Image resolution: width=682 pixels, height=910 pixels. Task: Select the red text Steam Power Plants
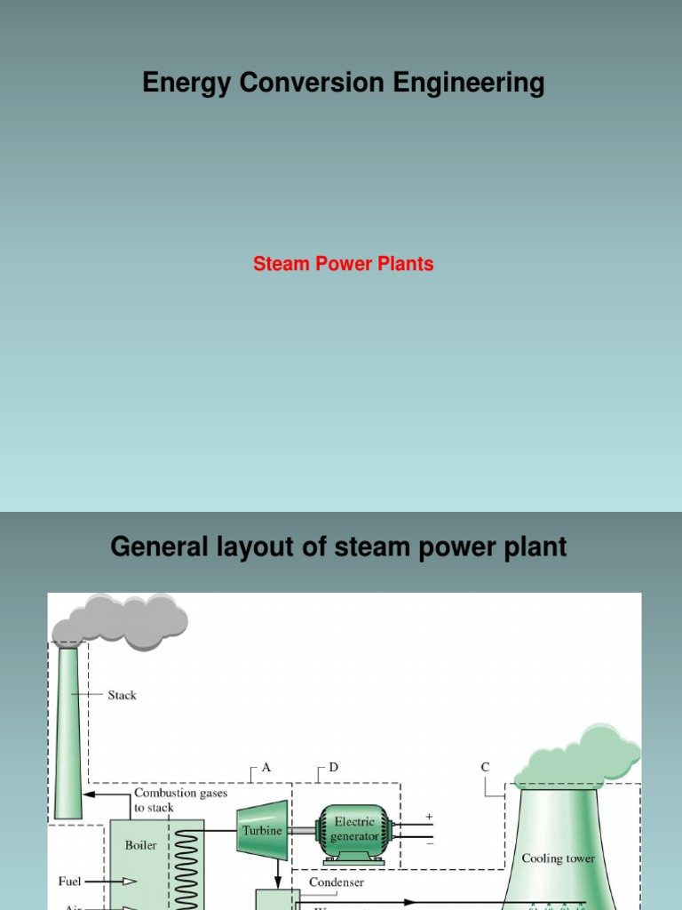343,264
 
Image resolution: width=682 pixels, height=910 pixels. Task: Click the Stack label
122,695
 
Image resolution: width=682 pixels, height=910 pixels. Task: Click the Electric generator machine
353,833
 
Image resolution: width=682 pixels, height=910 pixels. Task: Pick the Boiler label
140,845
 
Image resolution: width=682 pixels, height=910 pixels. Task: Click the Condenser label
336,882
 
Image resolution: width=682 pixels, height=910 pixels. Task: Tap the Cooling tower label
558,858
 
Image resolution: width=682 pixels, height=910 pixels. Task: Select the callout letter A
266,766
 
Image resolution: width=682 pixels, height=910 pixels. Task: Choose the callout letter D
333,766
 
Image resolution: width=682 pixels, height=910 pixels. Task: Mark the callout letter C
485,766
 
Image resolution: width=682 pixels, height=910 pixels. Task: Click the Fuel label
69,881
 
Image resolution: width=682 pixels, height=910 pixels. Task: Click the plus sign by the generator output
429,815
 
